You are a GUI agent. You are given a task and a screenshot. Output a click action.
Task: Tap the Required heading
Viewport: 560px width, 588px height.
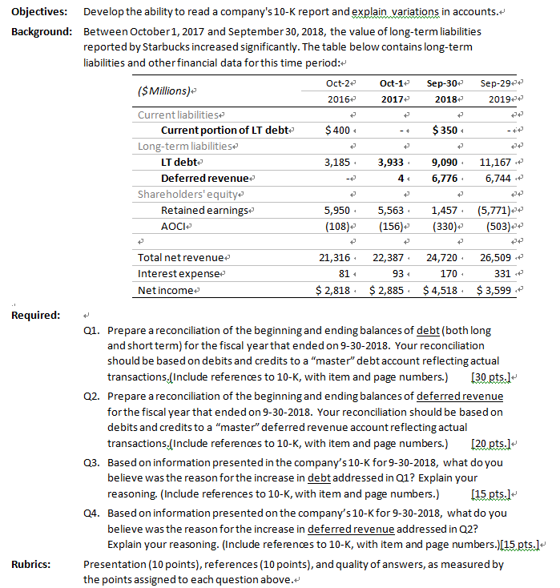pos(36,315)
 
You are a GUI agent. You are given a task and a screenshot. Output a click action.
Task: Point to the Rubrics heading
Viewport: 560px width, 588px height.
pos(31,564)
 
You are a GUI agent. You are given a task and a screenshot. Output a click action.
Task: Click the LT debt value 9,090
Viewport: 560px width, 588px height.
pos(445,162)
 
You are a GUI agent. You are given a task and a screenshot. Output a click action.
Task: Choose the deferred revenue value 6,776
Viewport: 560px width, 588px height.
pos(445,178)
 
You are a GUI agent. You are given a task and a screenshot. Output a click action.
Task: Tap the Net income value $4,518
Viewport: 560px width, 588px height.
pos(441,289)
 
